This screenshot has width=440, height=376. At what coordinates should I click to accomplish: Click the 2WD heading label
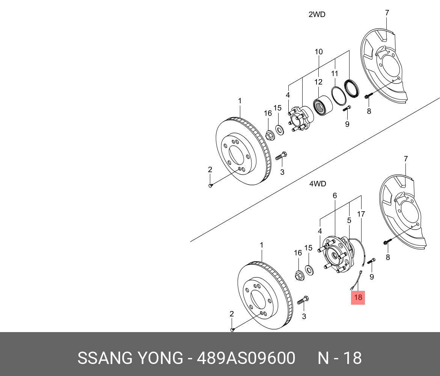point(316,15)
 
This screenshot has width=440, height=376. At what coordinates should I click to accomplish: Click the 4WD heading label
point(317,184)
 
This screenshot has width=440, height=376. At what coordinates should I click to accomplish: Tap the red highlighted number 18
point(358,298)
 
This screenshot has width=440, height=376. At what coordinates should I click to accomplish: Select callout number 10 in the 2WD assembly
point(319,51)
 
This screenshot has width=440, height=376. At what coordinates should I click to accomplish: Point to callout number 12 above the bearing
point(318,82)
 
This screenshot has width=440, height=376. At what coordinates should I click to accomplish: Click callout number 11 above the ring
point(335,74)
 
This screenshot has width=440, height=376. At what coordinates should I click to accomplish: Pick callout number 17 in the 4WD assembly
point(361,214)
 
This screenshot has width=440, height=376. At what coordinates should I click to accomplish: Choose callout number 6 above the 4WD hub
point(335,196)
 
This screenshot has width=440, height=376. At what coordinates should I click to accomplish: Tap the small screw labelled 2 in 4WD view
point(232,329)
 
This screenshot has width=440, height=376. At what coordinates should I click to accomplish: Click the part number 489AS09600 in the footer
point(246,358)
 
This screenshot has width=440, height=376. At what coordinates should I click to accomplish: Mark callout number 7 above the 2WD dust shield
point(387,13)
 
